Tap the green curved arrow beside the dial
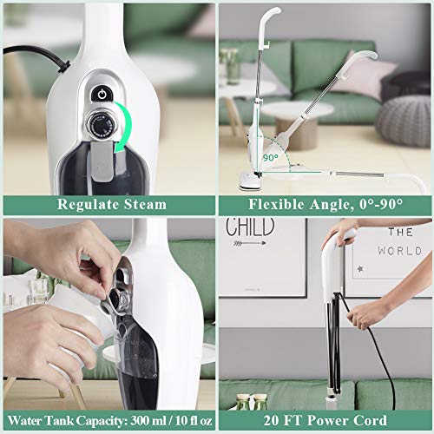click(128, 130)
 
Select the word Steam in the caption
click(143, 205)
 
